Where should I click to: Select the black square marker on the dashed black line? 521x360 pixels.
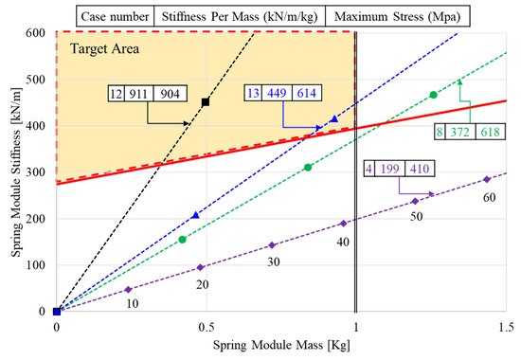click(206, 101)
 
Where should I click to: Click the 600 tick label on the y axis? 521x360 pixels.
click(35, 33)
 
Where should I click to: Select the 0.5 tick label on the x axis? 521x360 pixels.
click(206, 327)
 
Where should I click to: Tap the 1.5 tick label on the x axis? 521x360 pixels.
click(505, 327)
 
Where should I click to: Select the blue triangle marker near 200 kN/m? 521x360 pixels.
click(195, 216)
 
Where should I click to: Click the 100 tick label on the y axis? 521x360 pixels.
click(35, 265)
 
